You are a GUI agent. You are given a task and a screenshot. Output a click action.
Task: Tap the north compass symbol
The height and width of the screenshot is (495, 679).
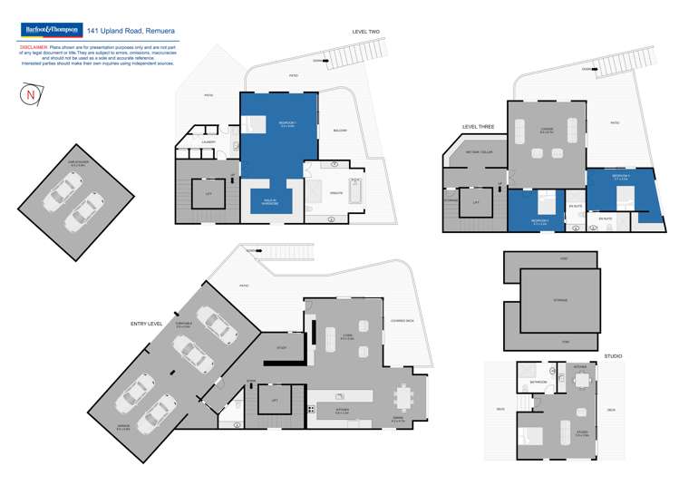tap(31, 93)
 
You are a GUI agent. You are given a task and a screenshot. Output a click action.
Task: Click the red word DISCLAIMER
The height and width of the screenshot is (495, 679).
tap(34, 45)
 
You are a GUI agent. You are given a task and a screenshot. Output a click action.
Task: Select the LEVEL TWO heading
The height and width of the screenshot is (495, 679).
tap(365, 32)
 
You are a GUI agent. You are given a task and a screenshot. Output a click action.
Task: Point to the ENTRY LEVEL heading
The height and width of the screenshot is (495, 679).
tap(146, 323)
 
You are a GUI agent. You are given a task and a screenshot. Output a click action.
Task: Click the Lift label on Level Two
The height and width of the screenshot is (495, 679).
tap(209, 193)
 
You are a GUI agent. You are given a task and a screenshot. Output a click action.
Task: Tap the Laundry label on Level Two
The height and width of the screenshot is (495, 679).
tap(208, 141)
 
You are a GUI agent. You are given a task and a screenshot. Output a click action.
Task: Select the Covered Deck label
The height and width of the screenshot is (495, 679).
tap(403, 320)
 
